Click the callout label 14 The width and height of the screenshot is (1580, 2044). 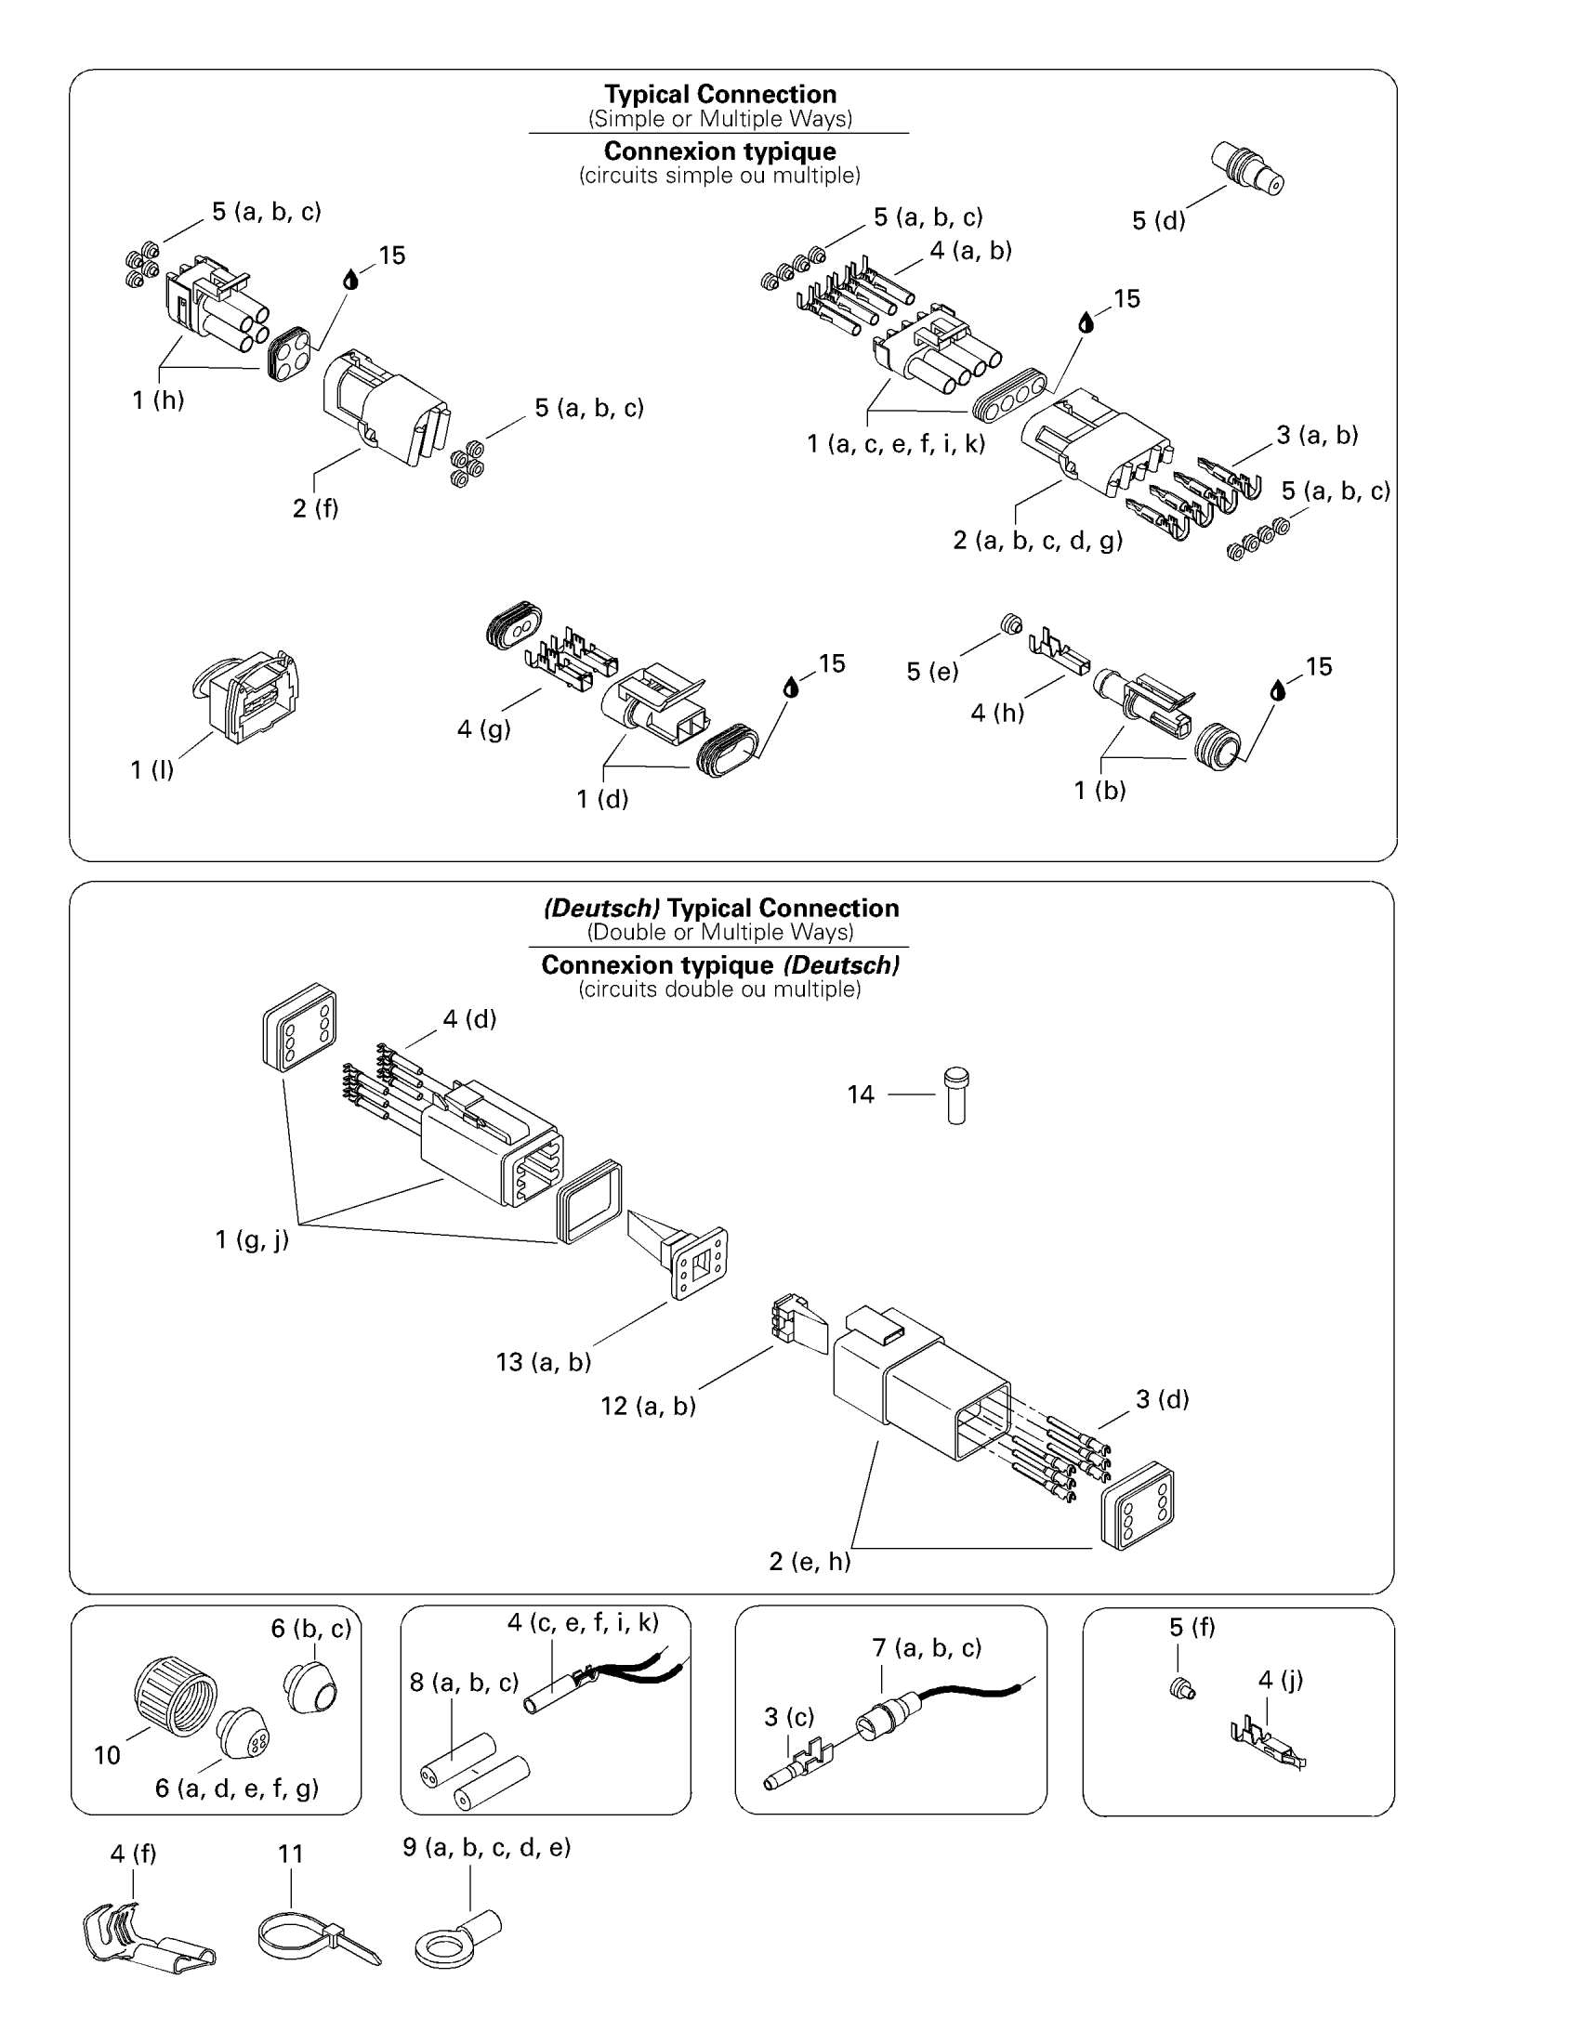pos(861,1094)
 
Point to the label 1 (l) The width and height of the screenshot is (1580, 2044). pos(151,770)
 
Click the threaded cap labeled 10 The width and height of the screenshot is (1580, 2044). pos(175,1696)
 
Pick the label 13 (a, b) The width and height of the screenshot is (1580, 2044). pos(544,1362)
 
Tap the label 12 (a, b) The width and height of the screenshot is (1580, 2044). pos(648,1406)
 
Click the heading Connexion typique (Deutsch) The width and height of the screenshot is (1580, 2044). pos(719,965)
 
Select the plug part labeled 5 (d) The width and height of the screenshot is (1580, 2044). pos(1247,168)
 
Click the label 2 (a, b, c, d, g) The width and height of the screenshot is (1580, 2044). pos(1037,540)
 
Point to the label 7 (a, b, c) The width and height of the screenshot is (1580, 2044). pos(927,1647)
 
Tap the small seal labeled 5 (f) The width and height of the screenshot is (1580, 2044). pos(1183,1690)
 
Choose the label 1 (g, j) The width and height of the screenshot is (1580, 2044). pos(252,1240)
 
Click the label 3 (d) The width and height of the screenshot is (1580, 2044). pos(1162,1399)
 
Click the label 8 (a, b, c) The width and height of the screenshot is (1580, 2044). pos(465,1682)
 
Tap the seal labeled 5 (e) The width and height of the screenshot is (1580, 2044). pos(1011,623)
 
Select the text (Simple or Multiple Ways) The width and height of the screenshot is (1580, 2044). pos(719,119)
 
